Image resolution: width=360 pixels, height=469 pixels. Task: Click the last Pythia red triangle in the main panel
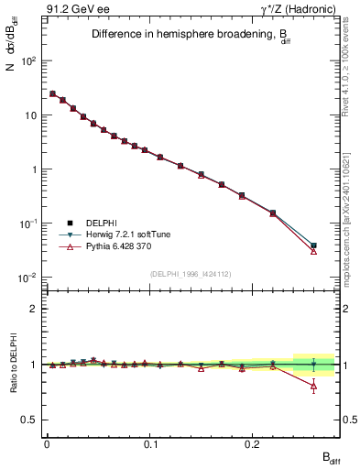click(x=313, y=251)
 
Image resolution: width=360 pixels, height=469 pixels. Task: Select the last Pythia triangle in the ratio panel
click(x=313, y=387)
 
